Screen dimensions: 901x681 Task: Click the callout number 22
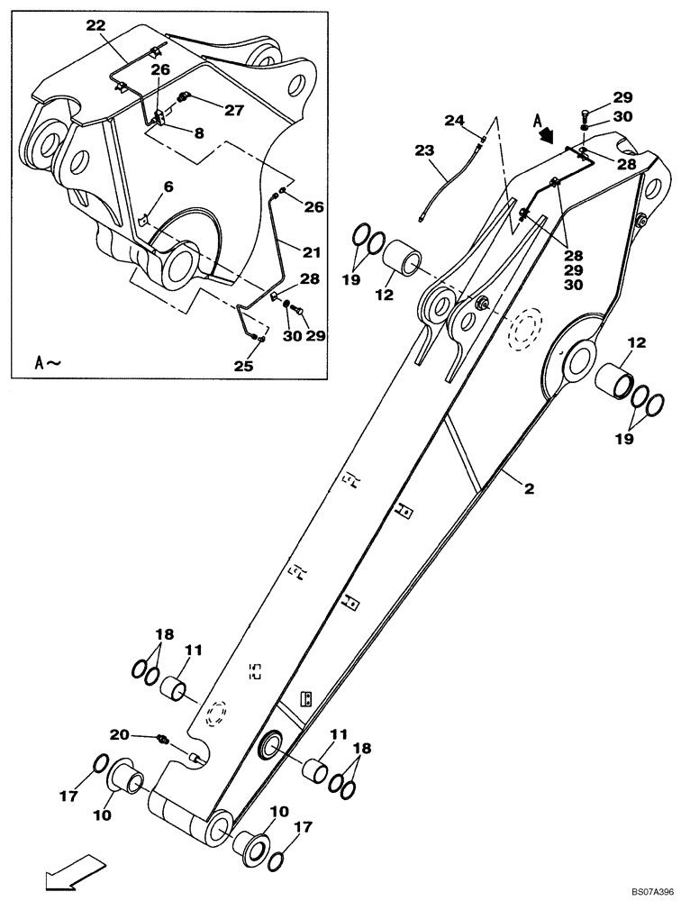click(95, 25)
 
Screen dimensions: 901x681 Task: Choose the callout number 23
click(424, 152)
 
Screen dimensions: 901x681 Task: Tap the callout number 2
click(530, 489)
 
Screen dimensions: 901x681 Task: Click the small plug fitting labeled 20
click(163, 740)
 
